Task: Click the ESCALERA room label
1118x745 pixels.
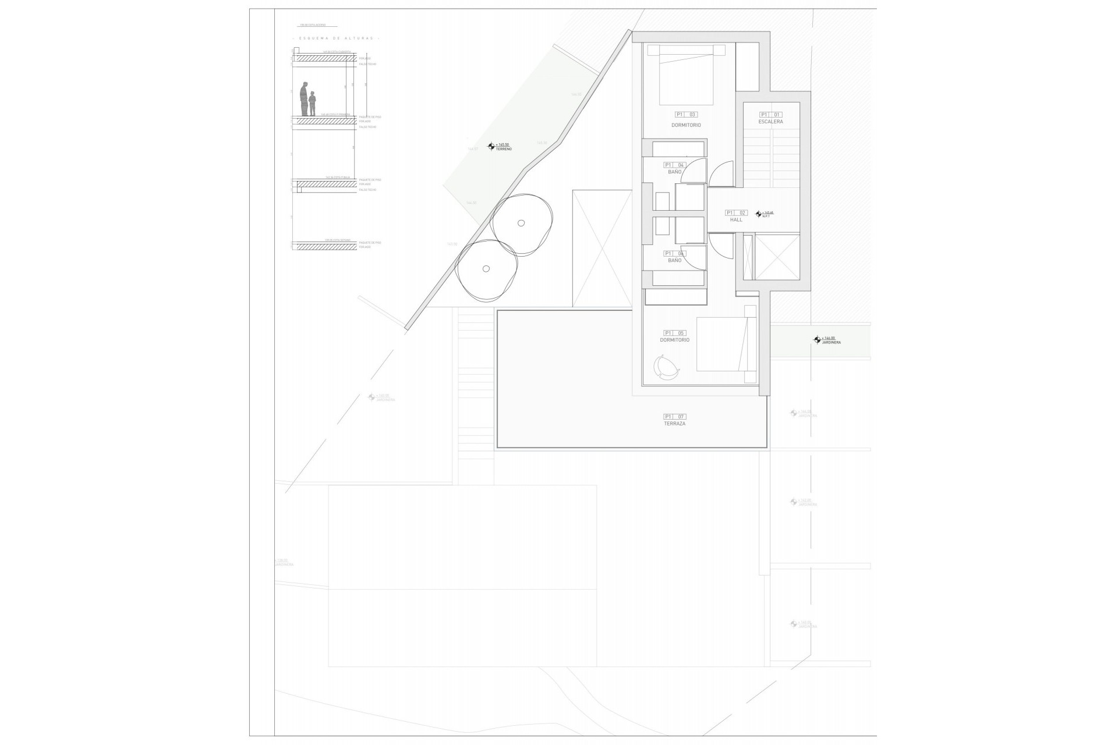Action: click(x=770, y=122)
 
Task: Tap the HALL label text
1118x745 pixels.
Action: click(x=736, y=220)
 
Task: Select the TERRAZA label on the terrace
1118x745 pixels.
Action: click(x=674, y=424)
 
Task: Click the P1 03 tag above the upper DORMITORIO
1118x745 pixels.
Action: click(x=685, y=115)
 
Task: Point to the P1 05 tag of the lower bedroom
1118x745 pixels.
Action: click(x=674, y=333)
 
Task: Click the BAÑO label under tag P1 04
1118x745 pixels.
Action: click(x=674, y=172)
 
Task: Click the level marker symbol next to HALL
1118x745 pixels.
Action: click(x=758, y=214)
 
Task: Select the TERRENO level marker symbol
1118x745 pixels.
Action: click(x=491, y=147)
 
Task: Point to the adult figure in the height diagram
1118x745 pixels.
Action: click(x=303, y=100)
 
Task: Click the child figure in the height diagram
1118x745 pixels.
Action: click(x=312, y=103)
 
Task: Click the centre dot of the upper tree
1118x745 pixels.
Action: click(x=521, y=222)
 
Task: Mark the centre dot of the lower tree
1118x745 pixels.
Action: click(x=486, y=268)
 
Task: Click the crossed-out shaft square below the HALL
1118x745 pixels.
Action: click(x=777, y=256)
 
